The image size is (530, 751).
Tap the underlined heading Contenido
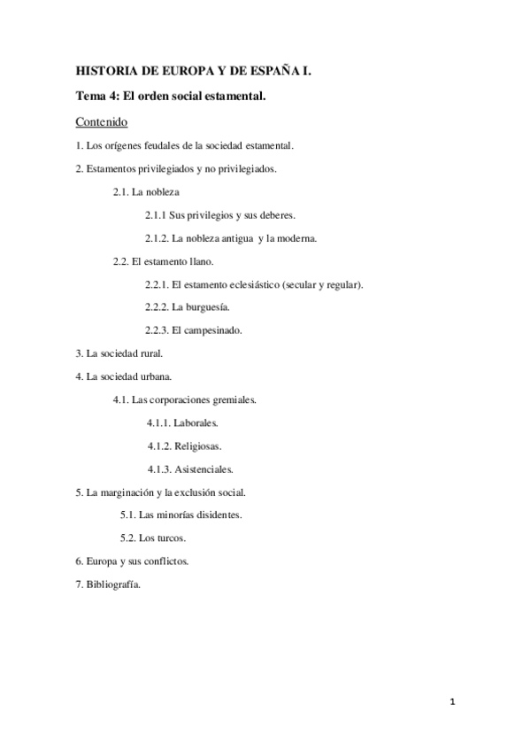click(x=101, y=120)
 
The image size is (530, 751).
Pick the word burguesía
click(x=209, y=307)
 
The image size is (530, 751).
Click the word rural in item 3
click(x=149, y=353)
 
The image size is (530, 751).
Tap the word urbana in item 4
click(x=157, y=376)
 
